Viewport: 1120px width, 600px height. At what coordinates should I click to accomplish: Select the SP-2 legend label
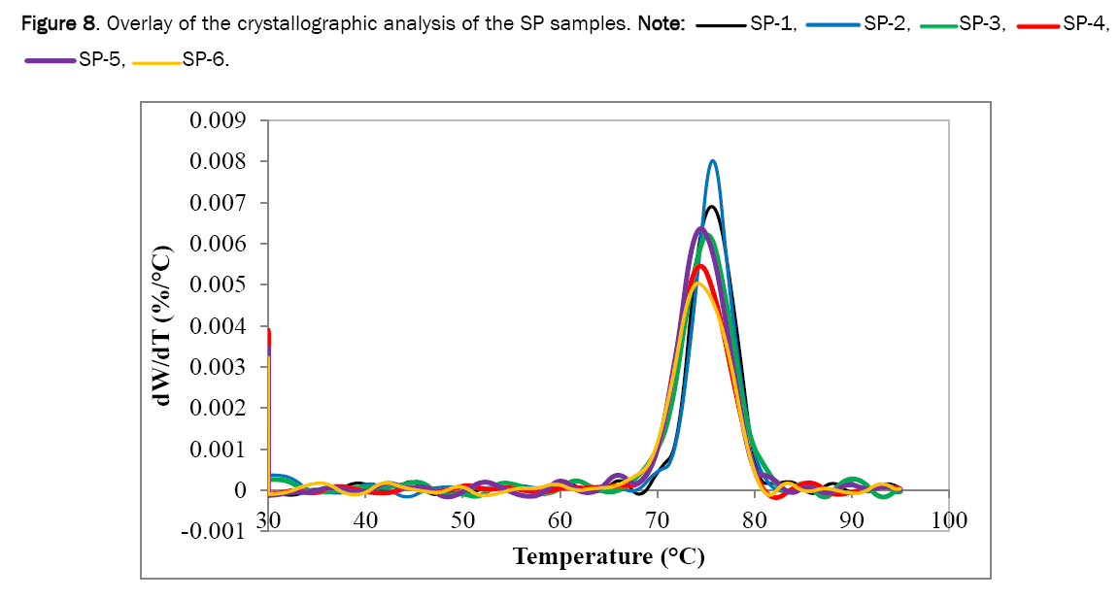coord(886,24)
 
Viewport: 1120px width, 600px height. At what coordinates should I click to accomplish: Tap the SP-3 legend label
coord(983,24)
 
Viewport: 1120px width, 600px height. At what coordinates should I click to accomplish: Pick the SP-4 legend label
coord(1086,24)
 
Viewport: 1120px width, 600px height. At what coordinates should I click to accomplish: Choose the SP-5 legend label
coord(102,60)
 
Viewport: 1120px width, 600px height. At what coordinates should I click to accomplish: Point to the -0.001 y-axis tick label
coord(214,531)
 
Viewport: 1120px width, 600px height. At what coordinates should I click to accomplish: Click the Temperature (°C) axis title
coord(608,556)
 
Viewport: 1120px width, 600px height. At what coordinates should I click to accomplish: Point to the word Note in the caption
coord(658,24)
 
